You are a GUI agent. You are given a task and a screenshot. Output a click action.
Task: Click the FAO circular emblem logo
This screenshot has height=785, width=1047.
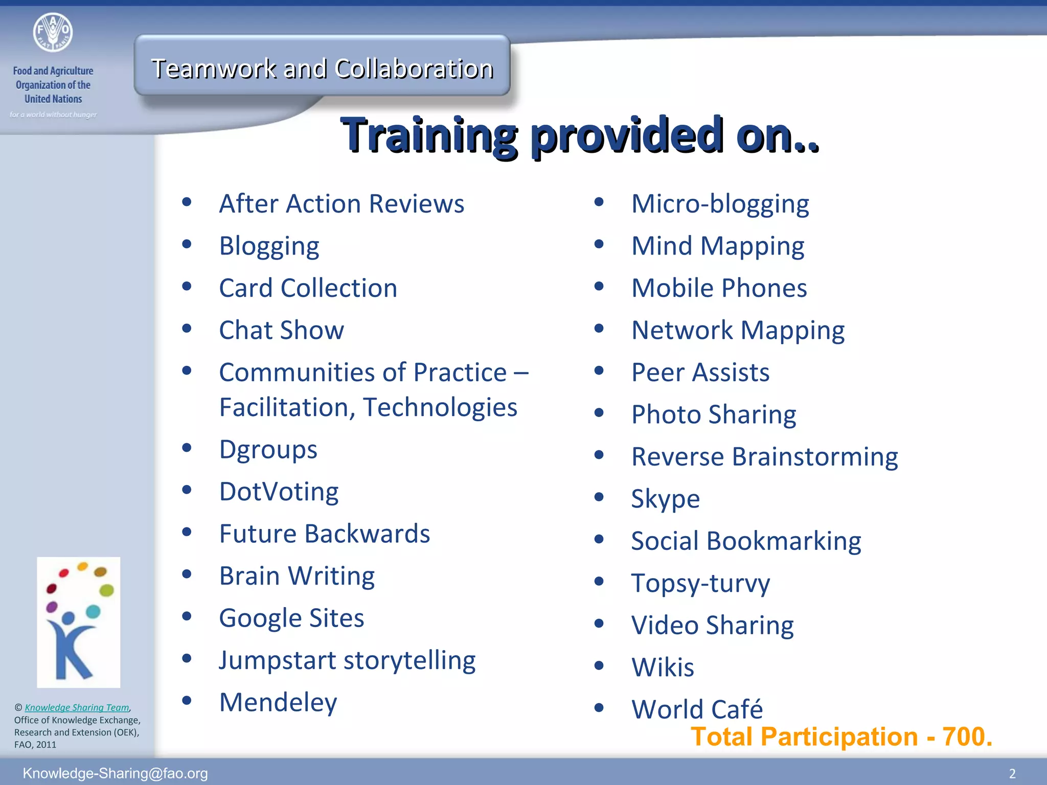pyautogui.click(x=53, y=32)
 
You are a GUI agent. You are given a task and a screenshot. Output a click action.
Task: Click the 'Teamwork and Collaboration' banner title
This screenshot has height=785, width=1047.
pyautogui.click(x=322, y=68)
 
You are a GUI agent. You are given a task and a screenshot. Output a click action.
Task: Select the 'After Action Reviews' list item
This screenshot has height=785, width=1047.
pyautogui.click(x=342, y=203)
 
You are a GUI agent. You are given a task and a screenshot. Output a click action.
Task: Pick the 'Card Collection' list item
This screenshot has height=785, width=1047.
pyautogui.click(x=308, y=288)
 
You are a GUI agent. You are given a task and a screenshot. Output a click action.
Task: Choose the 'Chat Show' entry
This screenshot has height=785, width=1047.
pyautogui.click(x=281, y=330)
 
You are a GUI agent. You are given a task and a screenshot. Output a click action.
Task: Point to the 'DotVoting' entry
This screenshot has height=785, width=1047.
pyautogui.click(x=279, y=492)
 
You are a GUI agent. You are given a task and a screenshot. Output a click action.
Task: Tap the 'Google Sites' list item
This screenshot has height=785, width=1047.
pyautogui.click(x=291, y=618)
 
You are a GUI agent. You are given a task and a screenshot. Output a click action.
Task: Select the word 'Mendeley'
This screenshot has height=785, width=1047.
pyautogui.click(x=278, y=702)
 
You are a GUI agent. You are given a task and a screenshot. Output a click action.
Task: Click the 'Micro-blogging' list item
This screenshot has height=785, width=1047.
pyautogui.click(x=720, y=204)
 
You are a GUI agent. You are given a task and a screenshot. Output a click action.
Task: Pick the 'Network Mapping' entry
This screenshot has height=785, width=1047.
pyautogui.click(x=738, y=330)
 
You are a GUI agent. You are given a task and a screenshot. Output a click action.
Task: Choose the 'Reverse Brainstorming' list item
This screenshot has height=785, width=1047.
pyautogui.click(x=764, y=456)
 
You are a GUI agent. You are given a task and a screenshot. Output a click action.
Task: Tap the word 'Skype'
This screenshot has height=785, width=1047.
pyautogui.click(x=665, y=499)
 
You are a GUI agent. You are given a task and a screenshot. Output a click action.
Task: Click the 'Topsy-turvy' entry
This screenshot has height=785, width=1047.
pyautogui.click(x=700, y=583)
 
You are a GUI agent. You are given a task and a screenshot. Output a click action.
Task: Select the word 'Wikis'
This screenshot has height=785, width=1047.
pyautogui.click(x=663, y=667)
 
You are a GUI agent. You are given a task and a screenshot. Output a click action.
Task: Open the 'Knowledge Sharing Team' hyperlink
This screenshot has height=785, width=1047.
pyautogui.click(x=77, y=707)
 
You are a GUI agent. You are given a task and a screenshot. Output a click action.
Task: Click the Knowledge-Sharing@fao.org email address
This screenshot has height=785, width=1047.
pyautogui.click(x=115, y=773)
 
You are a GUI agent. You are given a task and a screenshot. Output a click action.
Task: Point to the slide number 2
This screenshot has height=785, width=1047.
pyautogui.click(x=1012, y=773)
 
